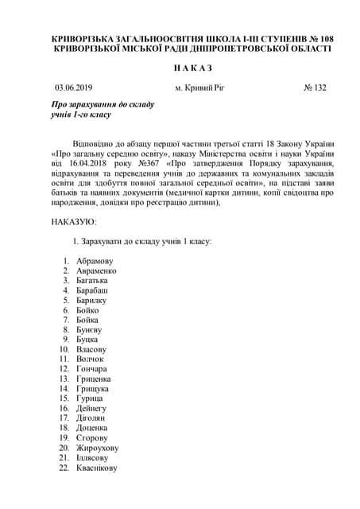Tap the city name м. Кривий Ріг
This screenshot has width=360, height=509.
coord(199,87)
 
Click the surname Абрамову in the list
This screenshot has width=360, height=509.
coord(95,260)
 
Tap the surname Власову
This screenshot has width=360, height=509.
coord(91,349)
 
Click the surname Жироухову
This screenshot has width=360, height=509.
coord(97,448)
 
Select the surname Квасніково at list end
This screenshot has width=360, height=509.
coord(97,468)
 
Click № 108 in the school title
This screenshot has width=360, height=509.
coord(316,37)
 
